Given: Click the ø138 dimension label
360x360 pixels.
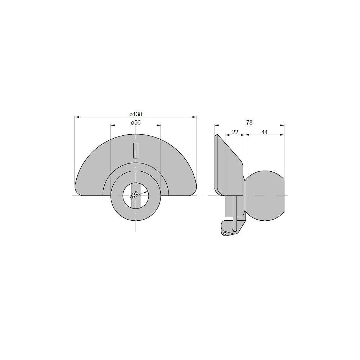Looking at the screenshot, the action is [136, 114].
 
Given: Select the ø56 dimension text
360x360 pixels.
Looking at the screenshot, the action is [136, 122].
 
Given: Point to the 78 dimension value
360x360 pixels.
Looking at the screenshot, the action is [249, 122].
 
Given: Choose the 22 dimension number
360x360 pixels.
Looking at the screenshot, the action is [235, 132].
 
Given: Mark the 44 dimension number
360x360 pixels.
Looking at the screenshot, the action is [265, 132].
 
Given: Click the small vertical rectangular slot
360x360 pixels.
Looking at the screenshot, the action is [136, 150].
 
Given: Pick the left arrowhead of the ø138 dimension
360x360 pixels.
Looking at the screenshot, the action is [77, 117].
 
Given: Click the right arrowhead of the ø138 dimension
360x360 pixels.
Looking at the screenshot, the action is [194, 117].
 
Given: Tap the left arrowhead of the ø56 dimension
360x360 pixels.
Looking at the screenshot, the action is [113, 125].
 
